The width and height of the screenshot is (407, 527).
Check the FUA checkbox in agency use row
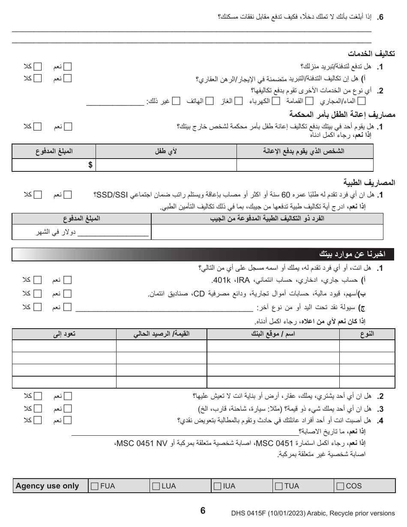tap(95, 486)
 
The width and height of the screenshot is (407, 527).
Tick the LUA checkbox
tap(156, 486)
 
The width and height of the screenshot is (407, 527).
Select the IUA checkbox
tap(218, 486)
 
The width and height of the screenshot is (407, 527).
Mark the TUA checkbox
tap(279, 486)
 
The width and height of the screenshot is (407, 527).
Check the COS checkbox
tap(341, 486)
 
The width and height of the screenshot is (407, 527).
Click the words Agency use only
tap(48, 486)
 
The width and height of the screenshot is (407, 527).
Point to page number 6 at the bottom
tap(203, 510)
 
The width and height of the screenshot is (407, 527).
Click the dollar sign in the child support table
tap(90, 165)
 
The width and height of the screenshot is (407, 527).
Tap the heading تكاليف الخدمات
tap(371, 54)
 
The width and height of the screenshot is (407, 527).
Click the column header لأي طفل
tap(166, 151)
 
